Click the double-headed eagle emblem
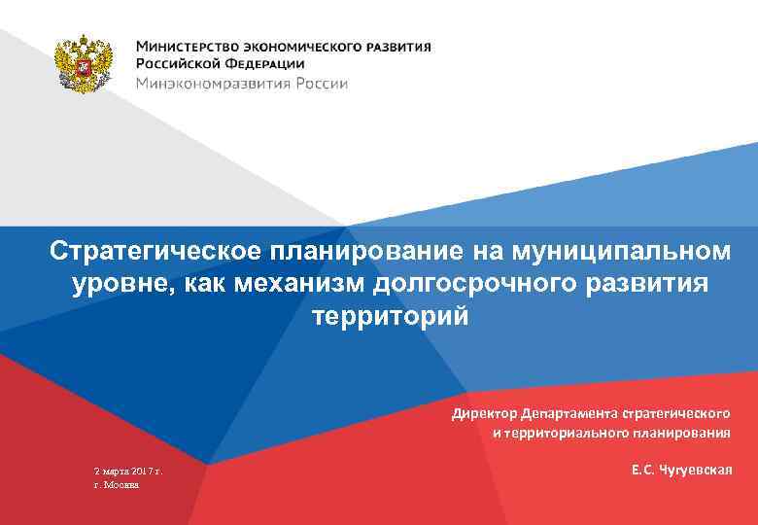[x=83, y=65]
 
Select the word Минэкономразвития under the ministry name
[x=208, y=84]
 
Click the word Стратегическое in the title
[x=154, y=251]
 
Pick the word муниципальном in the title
[x=618, y=251]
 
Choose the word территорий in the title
[x=390, y=317]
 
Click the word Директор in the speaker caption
[x=483, y=413]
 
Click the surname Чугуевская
[x=695, y=471]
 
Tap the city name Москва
[x=122, y=484]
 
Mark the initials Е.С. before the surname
[x=641, y=471]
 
